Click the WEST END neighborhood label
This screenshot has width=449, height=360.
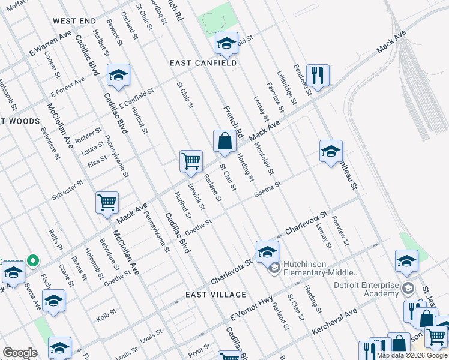coord(74,21)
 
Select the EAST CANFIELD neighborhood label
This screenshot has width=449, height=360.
coord(203,62)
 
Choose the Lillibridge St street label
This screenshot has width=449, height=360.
coord(287,88)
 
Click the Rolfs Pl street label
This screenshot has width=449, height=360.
coord(56,238)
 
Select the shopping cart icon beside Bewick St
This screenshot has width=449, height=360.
coord(191,161)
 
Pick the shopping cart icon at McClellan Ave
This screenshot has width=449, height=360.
coord(107,203)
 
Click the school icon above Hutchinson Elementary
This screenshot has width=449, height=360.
coord(267,252)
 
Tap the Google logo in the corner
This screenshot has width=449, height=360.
coord(20,353)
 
